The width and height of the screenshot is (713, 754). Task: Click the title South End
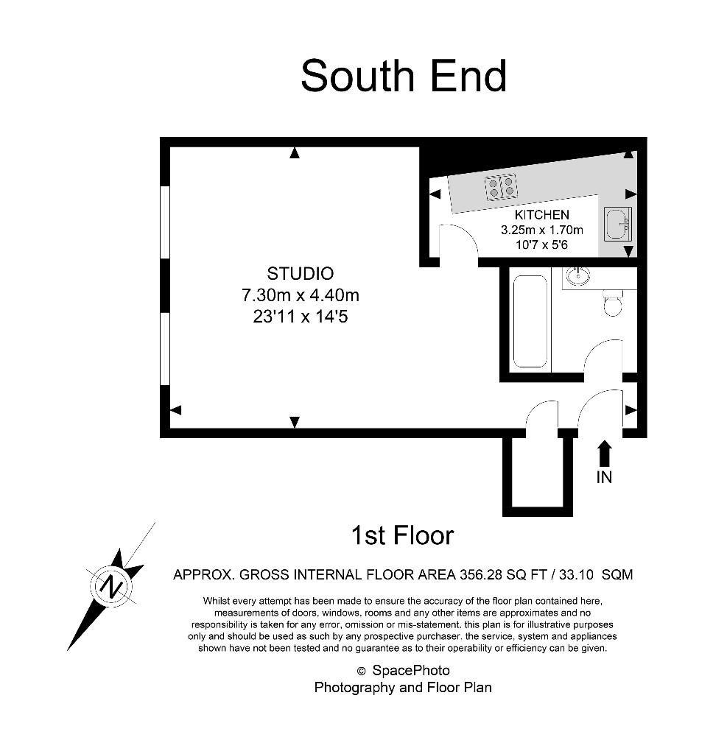coord(404,76)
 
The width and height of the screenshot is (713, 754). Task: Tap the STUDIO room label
coord(301,274)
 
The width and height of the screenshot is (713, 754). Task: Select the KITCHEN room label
coord(541,214)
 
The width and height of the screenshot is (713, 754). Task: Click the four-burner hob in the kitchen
coord(502,186)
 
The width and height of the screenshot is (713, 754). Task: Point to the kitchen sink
coord(618,224)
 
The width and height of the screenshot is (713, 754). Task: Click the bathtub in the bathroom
coord(530,321)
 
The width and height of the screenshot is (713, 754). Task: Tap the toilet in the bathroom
coord(612,303)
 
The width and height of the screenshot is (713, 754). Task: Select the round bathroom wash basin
coord(577,275)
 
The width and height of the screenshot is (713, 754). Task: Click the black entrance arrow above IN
coord(604,454)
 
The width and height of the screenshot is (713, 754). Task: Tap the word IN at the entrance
coord(604,477)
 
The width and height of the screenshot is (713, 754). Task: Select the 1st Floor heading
coord(403,535)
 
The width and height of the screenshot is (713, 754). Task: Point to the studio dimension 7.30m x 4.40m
coord(301,295)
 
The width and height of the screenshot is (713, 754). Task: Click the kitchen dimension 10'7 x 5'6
coord(541,244)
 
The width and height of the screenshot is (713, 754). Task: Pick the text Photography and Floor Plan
coord(403,688)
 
